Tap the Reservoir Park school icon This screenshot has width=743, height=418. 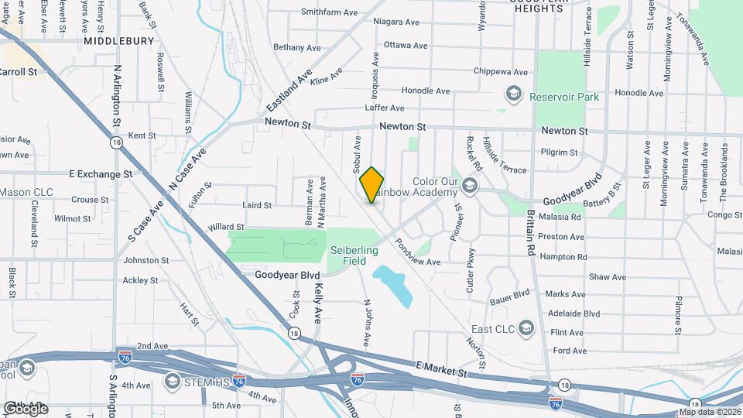(512, 95)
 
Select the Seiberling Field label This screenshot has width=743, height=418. (354, 255)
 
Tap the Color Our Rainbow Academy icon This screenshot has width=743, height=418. (470, 187)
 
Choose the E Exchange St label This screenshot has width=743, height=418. (101, 174)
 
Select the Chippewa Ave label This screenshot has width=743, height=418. (500, 71)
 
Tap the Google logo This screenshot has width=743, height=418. (26, 408)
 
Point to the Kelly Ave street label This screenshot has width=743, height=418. (318, 303)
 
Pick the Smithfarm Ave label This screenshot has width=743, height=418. (329, 12)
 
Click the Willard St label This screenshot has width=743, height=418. (226, 227)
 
